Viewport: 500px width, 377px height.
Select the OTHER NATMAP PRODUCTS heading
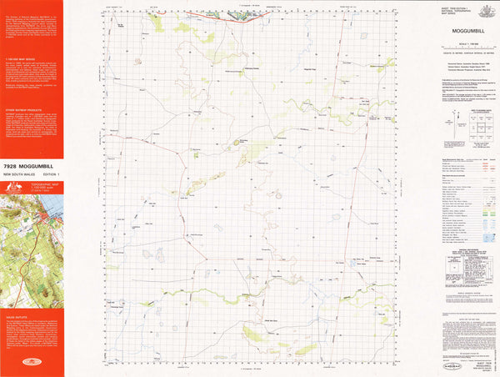click(24, 108)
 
